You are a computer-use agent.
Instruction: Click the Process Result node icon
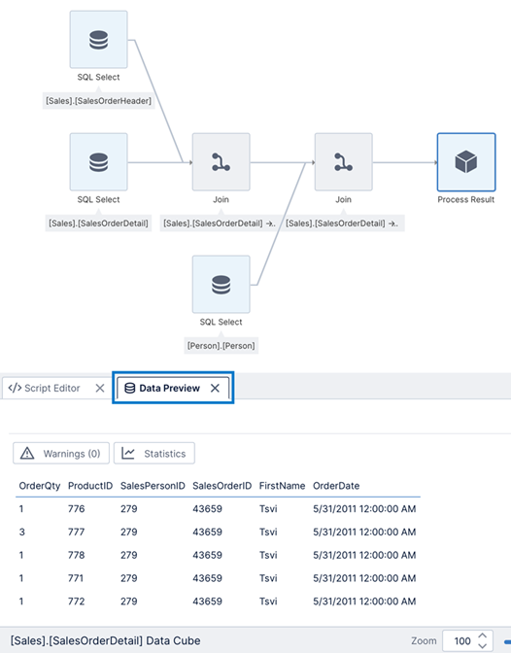click(466, 162)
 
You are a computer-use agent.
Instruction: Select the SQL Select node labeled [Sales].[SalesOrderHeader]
click(98, 40)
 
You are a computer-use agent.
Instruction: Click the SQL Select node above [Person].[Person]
click(221, 285)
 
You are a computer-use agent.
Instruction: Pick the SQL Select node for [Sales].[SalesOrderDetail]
click(98, 162)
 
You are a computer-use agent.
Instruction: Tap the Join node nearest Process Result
click(343, 162)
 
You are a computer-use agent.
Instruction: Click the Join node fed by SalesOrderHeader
click(221, 162)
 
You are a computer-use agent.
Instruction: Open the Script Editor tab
click(45, 388)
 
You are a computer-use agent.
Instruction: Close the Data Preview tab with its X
click(215, 388)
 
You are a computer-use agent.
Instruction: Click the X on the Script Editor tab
click(99, 388)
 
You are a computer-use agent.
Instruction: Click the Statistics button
click(154, 453)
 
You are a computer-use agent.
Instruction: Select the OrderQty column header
click(38, 485)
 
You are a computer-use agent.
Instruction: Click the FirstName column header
click(282, 485)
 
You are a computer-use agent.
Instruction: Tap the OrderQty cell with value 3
click(21, 532)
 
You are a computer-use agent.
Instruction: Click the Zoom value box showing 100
click(462, 641)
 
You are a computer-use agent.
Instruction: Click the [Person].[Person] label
click(221, 345)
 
